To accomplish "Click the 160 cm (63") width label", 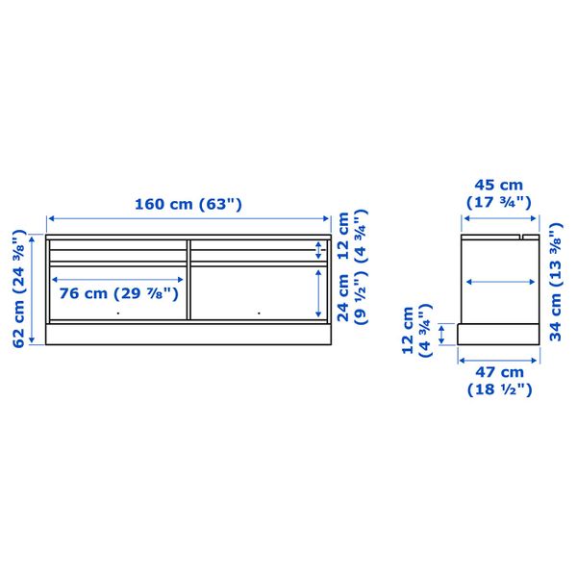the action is (188, 204).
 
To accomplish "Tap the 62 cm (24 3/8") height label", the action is (19, 288).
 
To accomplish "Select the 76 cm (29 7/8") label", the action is (119, 293).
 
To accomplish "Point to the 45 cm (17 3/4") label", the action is (498, 193).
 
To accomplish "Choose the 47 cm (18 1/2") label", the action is (500, 381).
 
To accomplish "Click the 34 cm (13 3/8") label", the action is (556, 282).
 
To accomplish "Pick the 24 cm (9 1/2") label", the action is (352, 297).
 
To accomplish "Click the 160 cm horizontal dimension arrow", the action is (188, 218).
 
